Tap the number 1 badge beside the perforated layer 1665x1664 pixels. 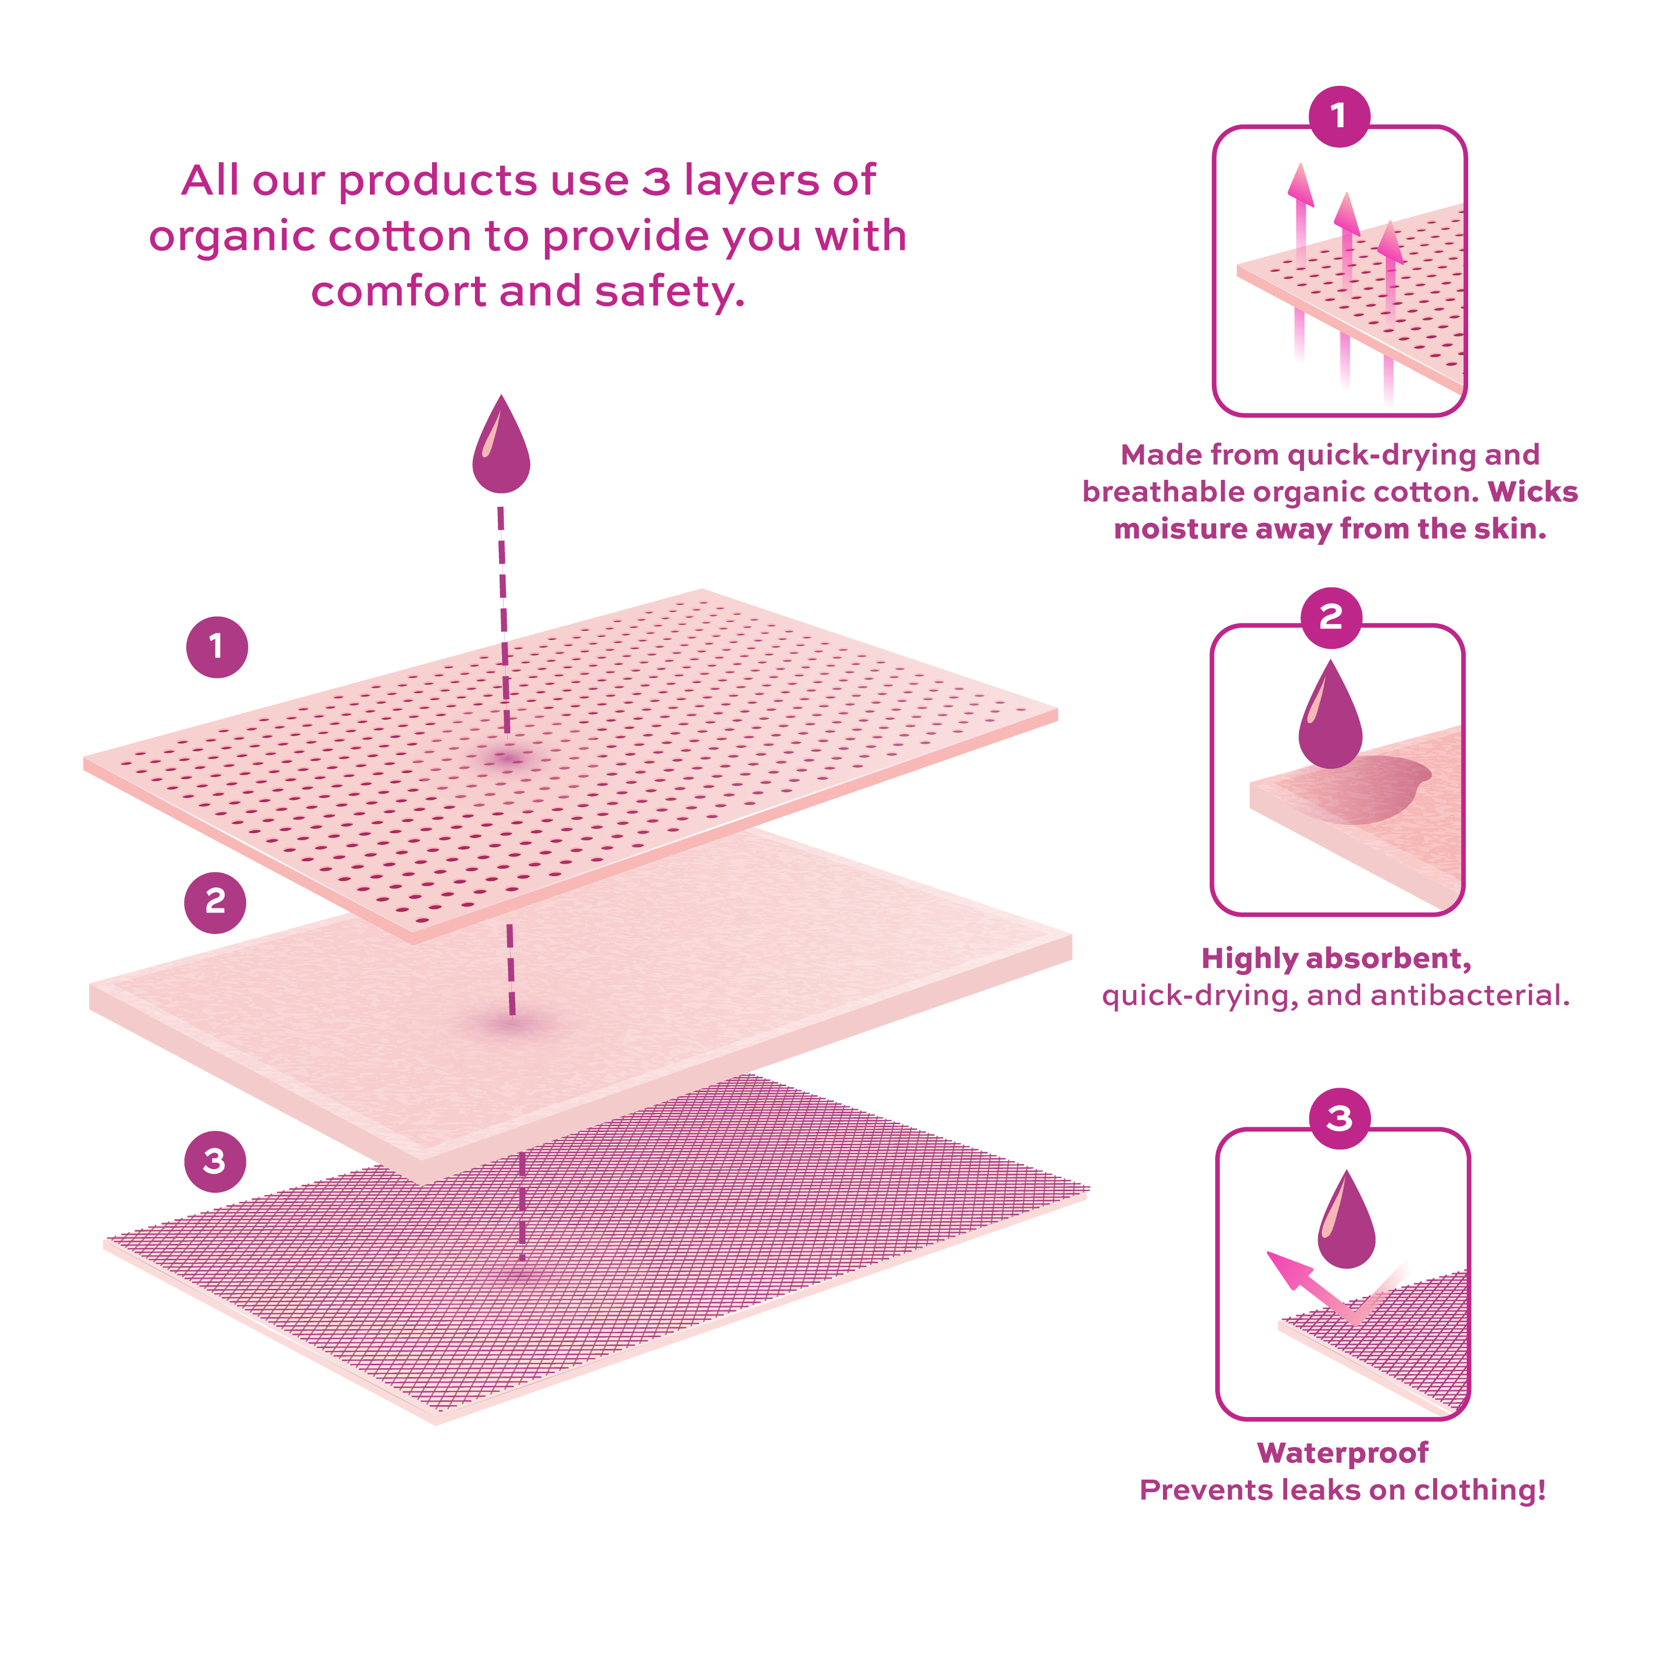(x=217, y=647)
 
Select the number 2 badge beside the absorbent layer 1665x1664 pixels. (x=216, y=902)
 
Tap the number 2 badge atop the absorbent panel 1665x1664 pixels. (x=1332, y=617)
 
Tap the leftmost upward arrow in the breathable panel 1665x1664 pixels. (x=1301, y=258)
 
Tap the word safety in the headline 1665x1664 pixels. (x=670, y=293)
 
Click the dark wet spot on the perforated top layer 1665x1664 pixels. (x=508, y=758)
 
